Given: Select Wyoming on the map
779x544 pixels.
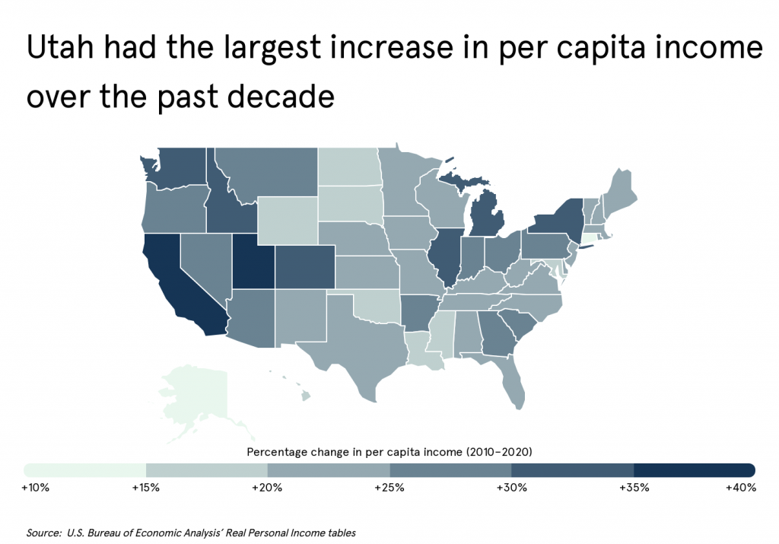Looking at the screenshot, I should [287, 220].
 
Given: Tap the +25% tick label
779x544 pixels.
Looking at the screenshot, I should [389, 488].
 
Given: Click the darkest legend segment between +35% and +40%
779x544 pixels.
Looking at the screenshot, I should [694, 469].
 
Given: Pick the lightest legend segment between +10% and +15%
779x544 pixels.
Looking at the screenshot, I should [85, 469].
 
